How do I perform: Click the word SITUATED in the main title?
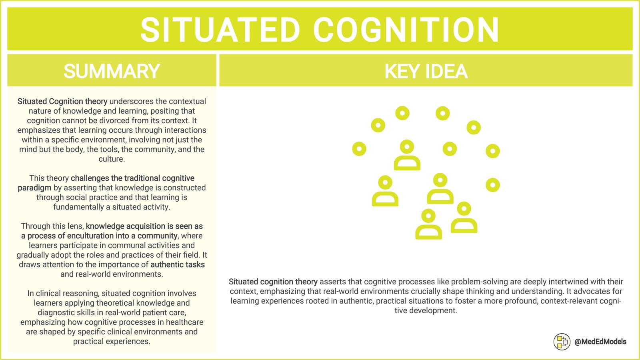pyautogui.click(x=220, y=30)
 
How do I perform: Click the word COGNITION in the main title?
pyautogui.click(x=406, y=30)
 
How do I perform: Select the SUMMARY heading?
pyautogui.click(x=112, y=72)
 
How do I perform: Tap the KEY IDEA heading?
pyautogui.click(x=426, y=72)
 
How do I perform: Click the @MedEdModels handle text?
pyautogui.click(x=600, y=342)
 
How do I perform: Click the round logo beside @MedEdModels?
pyautogui.click(x=562, y=342)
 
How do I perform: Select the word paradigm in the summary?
pyautogui.click(x=34, y=188)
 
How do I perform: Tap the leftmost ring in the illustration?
pyautogui.click(x=359, y=149)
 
